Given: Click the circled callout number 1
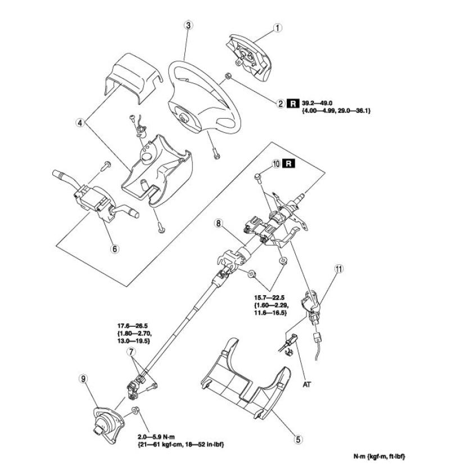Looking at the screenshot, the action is click(277, 28).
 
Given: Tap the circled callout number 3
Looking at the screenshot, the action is click(188, 25).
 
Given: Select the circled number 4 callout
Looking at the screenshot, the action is click(80, 123).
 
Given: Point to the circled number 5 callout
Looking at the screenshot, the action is click(298, 439).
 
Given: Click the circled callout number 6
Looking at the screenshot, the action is click(115, 249).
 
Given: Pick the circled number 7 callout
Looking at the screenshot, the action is click(131, 352).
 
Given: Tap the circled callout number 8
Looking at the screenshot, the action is click(218, 223).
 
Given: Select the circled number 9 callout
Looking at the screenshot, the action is click(83, 379).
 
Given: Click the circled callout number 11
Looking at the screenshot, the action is click(339, 269).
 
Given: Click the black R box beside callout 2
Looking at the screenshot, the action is click(293, 103).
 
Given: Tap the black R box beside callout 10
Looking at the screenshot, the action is click(288, 164).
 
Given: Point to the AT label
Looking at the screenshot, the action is click(307, 384).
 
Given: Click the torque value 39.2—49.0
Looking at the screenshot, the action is click(317, 103).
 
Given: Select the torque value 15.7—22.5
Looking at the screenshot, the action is click(269, 297).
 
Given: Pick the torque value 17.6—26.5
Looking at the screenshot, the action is click(133, 326).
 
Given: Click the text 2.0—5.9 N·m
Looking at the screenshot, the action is click(156, 437).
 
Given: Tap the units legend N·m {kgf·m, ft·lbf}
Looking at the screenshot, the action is click(379, 456).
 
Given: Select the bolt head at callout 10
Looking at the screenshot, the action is click(258, 177).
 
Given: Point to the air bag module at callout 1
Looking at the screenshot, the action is click(248, 56).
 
